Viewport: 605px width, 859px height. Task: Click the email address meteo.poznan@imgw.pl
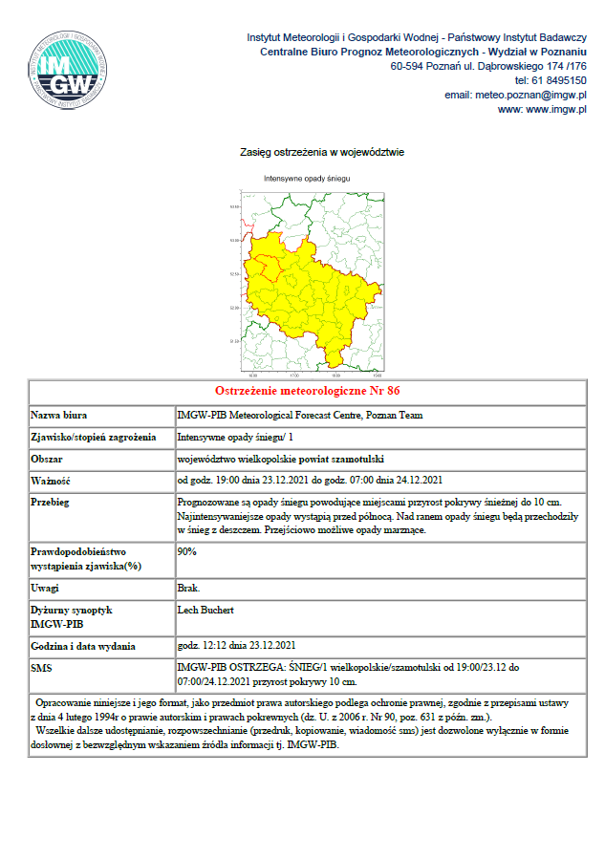[515, 96]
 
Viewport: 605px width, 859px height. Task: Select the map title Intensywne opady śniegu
[308, 179]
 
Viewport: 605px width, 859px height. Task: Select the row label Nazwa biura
[60, 416]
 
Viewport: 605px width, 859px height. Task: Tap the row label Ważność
[52, 480]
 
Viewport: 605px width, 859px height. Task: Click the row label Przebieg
[53, 501]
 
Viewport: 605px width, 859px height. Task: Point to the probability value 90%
[187, 551]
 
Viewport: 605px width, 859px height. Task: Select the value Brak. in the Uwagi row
[188, 587]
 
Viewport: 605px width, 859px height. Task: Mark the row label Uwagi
[46, 587]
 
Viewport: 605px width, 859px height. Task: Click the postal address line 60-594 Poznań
[488, 67]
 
